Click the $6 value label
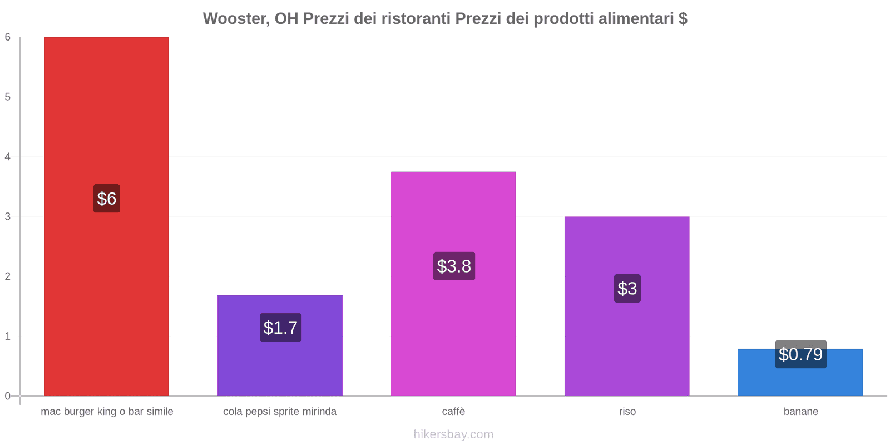(x=106, y=199)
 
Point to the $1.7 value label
(x=280, y=328)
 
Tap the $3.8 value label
(x=454, y=266)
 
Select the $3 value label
(x=627, y=289)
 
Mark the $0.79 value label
(x=800, y=354)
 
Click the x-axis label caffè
(x=453, y=412)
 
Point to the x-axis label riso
(x=627, y=412)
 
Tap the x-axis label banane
(x=800, y=412)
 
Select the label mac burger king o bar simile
(x=107, y=412)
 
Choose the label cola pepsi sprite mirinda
(x=280, y=412)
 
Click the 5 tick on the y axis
(x=8, y=97)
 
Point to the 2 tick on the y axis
(x=8, y=276)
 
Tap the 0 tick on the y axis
(x=8, y=396)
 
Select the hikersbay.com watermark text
(x=453, y=434)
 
